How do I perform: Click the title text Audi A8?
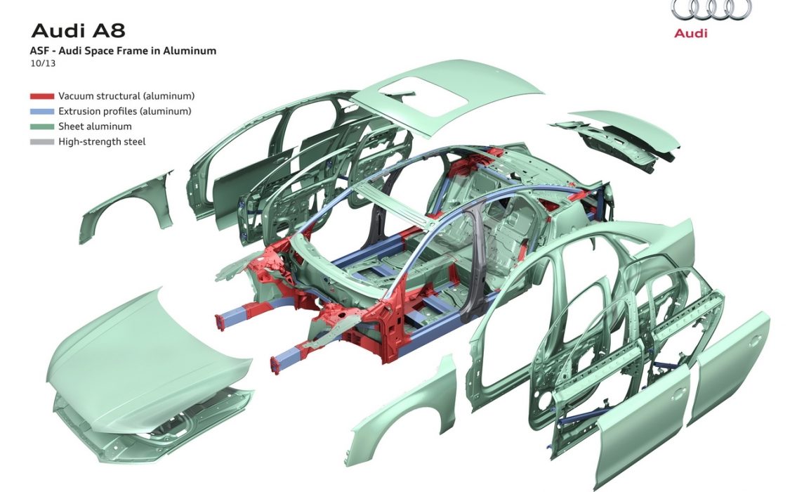(x=78, y=30)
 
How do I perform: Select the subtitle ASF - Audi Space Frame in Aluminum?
(x=123, y=51)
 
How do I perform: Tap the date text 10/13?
(x=43, y=63)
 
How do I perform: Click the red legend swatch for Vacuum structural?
(x=42, y=96)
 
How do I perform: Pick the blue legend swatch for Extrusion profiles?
(x=42, y=112)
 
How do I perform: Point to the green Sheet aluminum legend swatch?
(x=42, y=127)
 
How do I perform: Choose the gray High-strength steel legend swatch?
(x=42, y=142)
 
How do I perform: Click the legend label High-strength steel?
(x=102, y=142)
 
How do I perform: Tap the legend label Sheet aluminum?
(x=95, y=127)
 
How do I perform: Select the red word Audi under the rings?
(x=691, y=33)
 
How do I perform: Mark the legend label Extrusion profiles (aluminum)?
(x=125, y=112)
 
